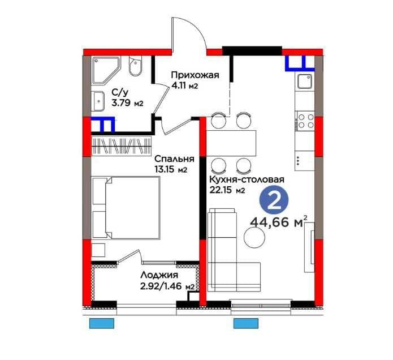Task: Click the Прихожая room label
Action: pos(195,75)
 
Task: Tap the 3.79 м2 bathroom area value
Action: pos(127,103)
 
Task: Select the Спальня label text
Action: pos(174,159)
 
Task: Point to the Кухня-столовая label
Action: pos(247,179)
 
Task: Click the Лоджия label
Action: pos(159,275)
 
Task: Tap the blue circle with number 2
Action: pos(274,200)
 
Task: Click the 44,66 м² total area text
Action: pos(279,222)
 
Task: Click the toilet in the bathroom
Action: pos(135,66)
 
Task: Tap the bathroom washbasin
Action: pos(98,101)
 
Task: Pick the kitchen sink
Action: pos(305,82)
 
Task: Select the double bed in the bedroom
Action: pos(126,208)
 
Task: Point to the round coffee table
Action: pos(254,237)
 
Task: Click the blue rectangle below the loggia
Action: pos(102,323)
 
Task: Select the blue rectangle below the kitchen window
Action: pos(246,323)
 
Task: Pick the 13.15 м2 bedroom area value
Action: pos(171,170)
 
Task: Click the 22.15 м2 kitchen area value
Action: pos(227,190)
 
